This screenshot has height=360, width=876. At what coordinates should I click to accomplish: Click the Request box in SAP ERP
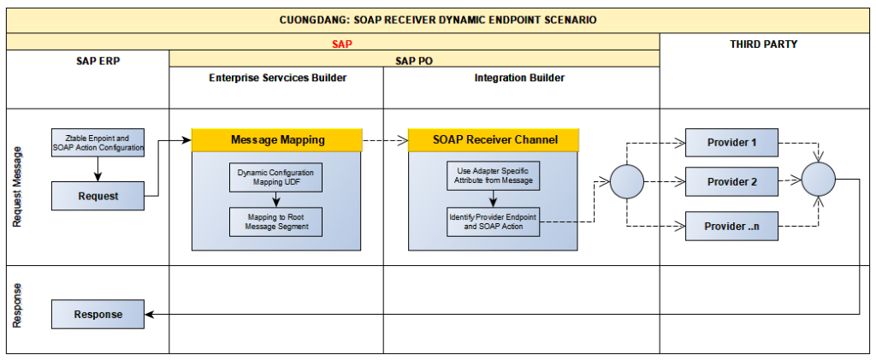(98, 196)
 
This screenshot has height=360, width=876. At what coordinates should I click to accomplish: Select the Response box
(98, 314)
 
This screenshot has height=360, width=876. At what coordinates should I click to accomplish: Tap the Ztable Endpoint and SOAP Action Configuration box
(98, 142)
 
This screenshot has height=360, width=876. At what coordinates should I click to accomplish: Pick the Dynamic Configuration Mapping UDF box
(275, 178)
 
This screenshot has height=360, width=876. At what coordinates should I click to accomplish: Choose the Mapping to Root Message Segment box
(275, 221)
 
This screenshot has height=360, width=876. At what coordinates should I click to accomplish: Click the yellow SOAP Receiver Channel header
(494, 139)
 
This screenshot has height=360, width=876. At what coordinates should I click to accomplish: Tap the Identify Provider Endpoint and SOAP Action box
(494, 221)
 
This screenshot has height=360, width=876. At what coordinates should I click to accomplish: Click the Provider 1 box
(731, 143)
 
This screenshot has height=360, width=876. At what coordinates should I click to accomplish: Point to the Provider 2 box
(731, 182)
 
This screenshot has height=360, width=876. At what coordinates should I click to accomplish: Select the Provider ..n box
(731, 226)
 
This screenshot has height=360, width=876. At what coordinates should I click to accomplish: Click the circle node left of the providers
(627, 182)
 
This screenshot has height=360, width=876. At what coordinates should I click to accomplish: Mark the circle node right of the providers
(817, 182)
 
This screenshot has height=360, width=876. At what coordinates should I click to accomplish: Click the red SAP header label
(342, 42)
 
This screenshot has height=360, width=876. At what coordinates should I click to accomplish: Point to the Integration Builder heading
(519, 78)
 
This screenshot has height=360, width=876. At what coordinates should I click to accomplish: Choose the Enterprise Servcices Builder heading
(277, 78)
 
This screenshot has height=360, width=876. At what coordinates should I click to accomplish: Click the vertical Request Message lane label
(18, 186)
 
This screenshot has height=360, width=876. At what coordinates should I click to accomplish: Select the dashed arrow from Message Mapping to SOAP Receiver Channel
(385, 139)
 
